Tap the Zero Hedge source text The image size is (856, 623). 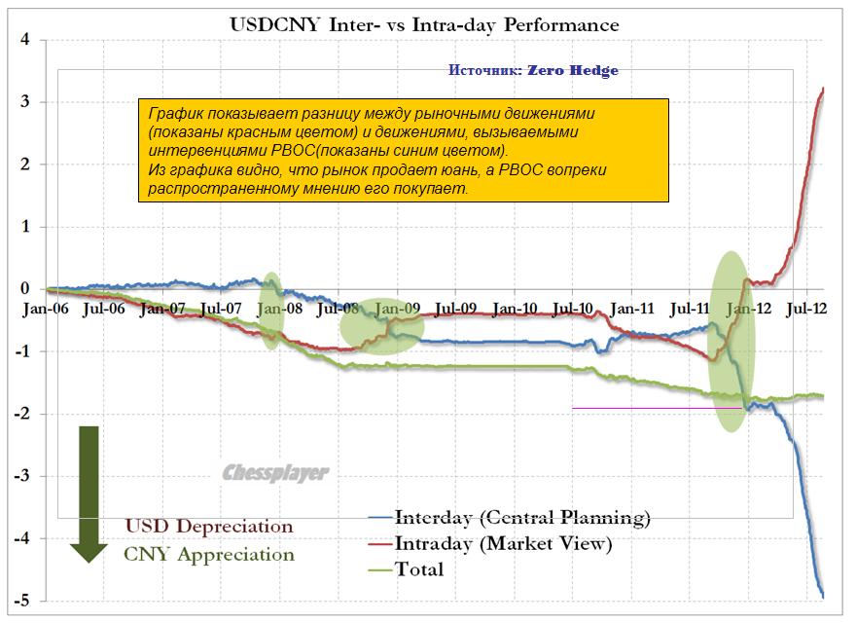[x=533, y=71]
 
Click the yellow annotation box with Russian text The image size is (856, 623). [x=403, y=150]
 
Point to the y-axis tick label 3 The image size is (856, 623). [x=26, y=102]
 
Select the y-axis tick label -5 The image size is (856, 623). [x=22, y=602]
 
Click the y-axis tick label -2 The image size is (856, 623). [x=22, y=414]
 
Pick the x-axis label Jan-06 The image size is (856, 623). [x=47, y=310]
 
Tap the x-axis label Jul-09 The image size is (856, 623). [x=455, y=310]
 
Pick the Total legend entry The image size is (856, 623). [x=419, y=569]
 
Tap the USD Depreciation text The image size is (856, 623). [x=208, y=527]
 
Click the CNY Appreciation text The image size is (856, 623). [x=208, y=555]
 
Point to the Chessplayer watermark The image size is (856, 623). [x=275, y=473]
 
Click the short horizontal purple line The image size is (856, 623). [x=642, y=408]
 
